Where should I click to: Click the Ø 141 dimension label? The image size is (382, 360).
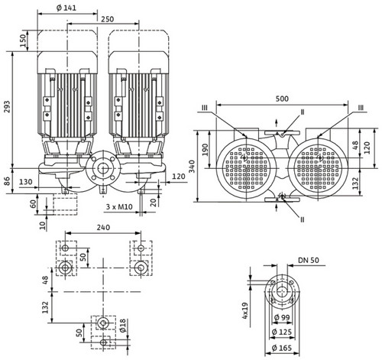(x=66, y=8)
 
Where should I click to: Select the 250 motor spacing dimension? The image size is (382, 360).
(x=108, y=19)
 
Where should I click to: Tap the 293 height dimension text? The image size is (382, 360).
(x=7, y=107)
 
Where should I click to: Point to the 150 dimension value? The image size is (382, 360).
(x=23, y=41)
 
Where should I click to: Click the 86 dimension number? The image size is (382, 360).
(x=7, y=181)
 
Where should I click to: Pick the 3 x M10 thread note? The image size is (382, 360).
(x=119, y=206)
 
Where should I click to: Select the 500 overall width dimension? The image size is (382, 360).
(x=282, y=99)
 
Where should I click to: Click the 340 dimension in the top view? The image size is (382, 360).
(x=192, y=167)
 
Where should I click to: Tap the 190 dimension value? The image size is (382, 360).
(x=205, y=150)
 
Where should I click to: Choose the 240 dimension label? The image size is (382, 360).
(x=103, y=227)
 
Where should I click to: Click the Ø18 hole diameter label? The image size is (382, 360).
(x=123, y=326)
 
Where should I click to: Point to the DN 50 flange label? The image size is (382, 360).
(x=309, y=260)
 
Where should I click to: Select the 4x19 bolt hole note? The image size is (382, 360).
(x=245, y=310)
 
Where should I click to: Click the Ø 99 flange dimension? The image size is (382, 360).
(x=282, y=317)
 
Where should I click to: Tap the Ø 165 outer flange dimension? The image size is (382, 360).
(x=282, y=348)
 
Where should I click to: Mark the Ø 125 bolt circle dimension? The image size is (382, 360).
(x=282, y=332)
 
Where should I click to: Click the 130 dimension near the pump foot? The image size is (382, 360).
(x=26, y=182)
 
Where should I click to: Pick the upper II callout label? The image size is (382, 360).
(x=303, y=112)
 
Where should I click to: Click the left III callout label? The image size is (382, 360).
(x=205, y=108)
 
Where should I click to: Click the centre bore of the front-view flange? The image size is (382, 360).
(x=103, y=168)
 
